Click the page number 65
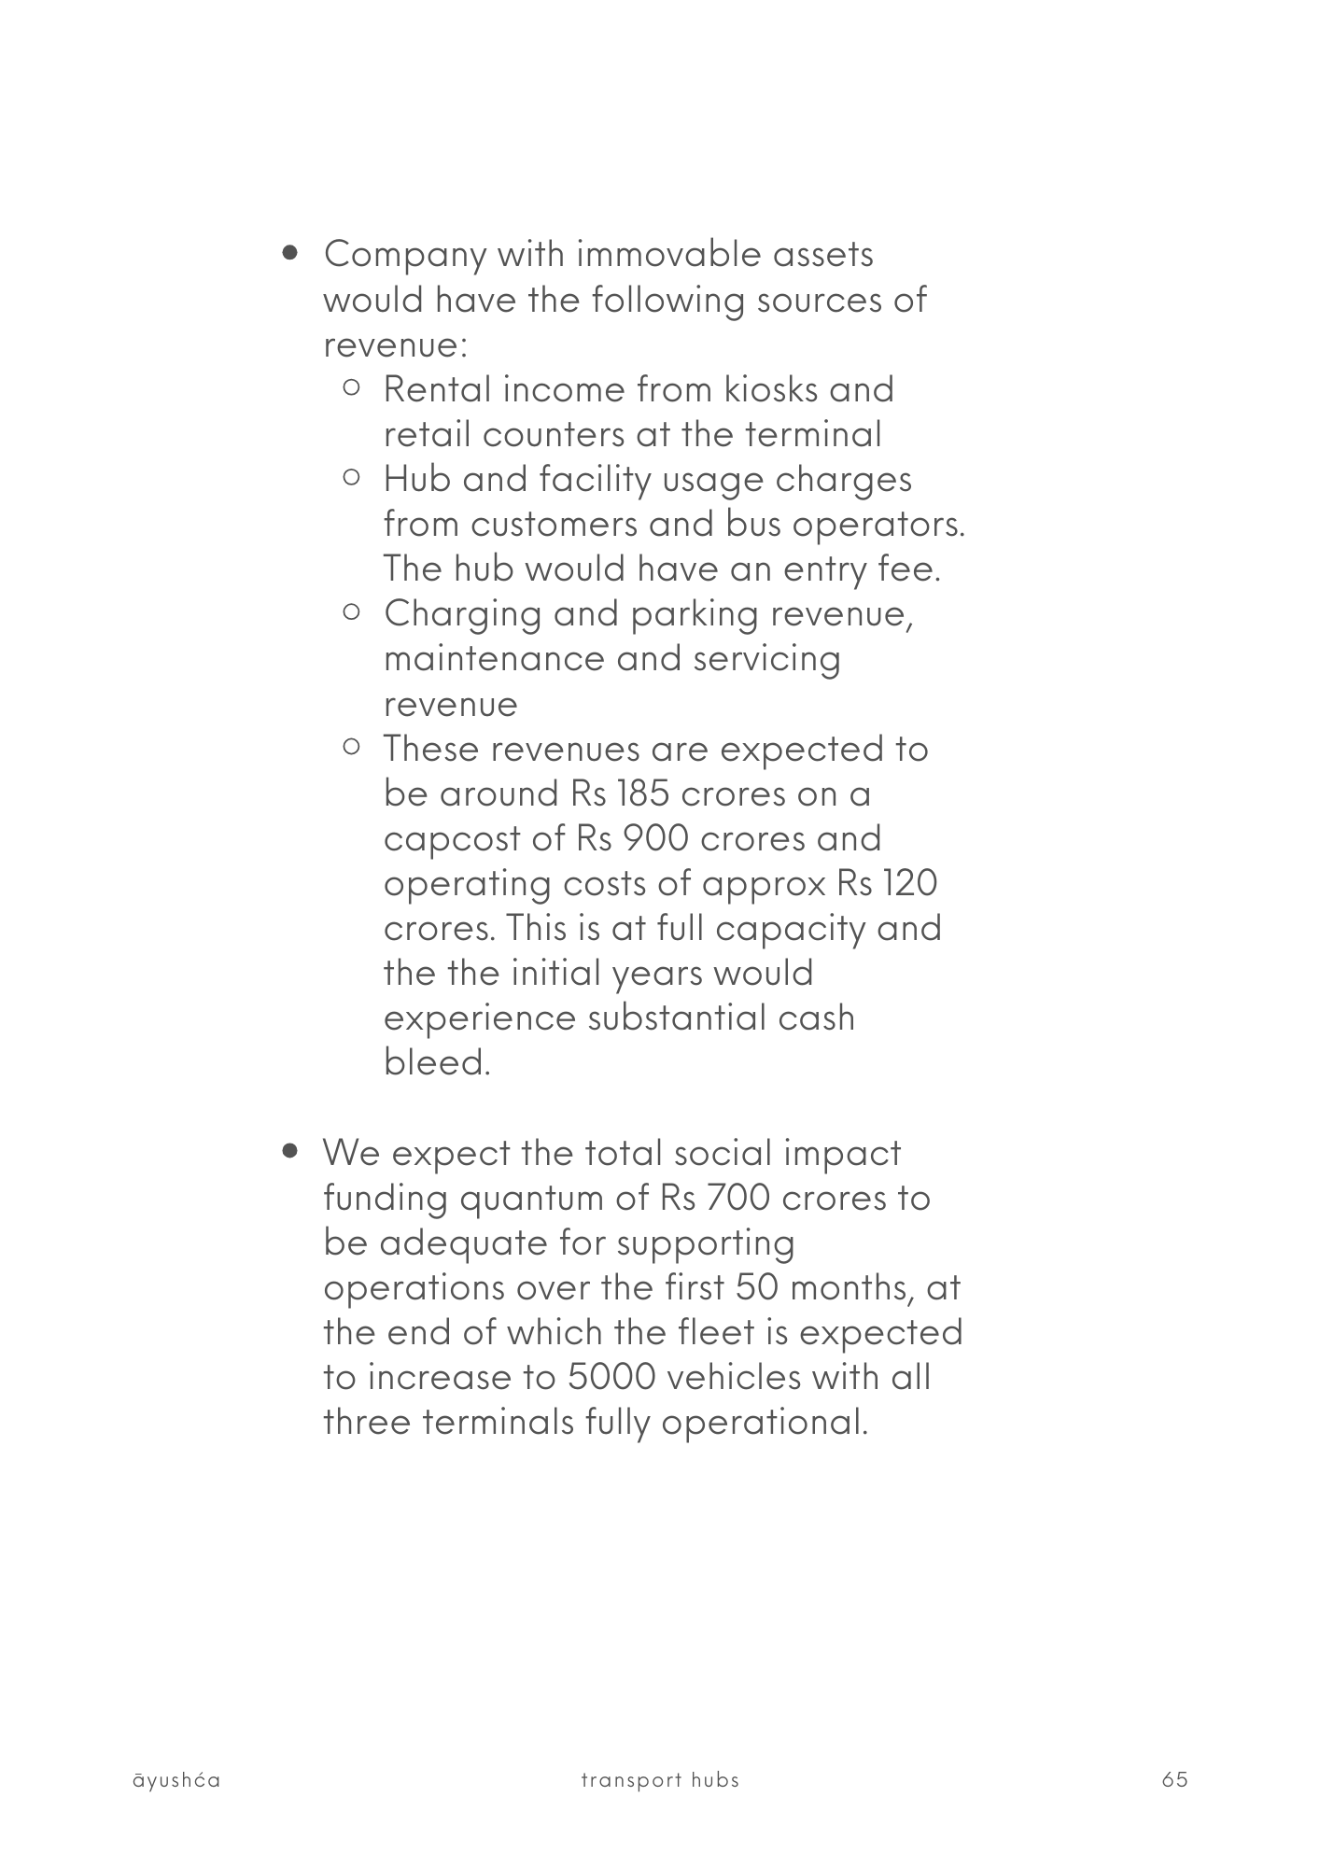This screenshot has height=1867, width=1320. pos(1174,1779)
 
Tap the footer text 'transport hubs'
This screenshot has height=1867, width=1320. pos(659,1780)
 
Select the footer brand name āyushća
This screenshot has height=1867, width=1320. pos(176,1780)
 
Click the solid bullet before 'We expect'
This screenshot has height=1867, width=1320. pos(292,1152)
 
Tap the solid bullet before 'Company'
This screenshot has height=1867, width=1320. pos(292,252)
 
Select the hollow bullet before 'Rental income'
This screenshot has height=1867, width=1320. pos(352,387)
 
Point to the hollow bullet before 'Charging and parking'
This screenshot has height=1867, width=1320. pos(352,612)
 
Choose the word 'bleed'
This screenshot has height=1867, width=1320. pos(435,1062)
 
